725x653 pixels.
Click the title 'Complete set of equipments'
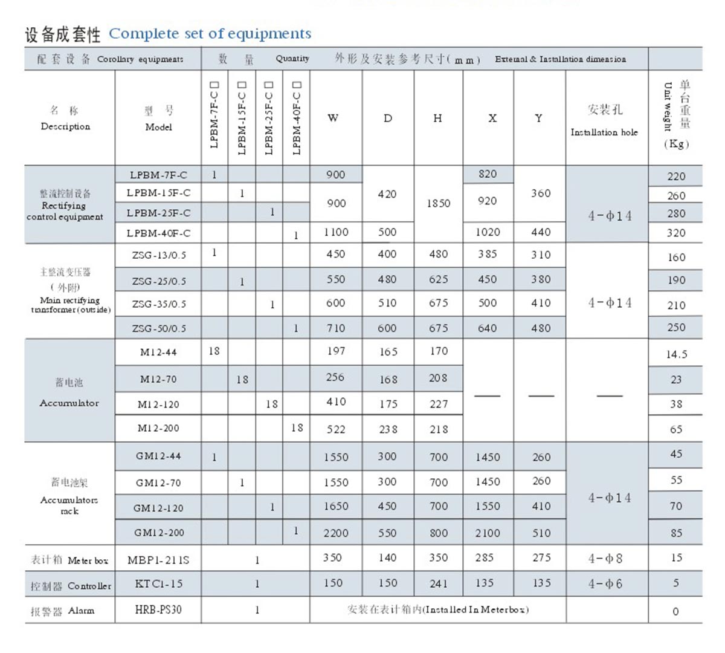pos(210,33)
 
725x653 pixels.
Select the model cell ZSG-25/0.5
pos(159,281)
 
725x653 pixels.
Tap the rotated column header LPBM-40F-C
pos(297,118)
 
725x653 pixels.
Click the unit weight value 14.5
pos(676,354)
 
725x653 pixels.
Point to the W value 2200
pos(336,533)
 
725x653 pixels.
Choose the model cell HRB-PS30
pos(158,609)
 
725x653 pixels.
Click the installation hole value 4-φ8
pos(605,558)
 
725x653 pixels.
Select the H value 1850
pos(439,203)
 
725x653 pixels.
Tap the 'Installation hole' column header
pos(604,132)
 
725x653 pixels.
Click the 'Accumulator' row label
pos(69,403)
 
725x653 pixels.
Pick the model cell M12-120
pos(158,404)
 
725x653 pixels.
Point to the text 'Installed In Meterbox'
pos(475,609)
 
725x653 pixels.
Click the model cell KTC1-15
pos(158,584)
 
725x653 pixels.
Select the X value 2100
pos(488,533)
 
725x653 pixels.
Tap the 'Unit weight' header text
pos(668,106)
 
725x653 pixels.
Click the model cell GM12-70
pos(158,483)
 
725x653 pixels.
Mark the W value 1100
pos(336,232)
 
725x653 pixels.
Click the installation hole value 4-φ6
pos(605,584)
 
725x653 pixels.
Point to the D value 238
pos(388,429)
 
